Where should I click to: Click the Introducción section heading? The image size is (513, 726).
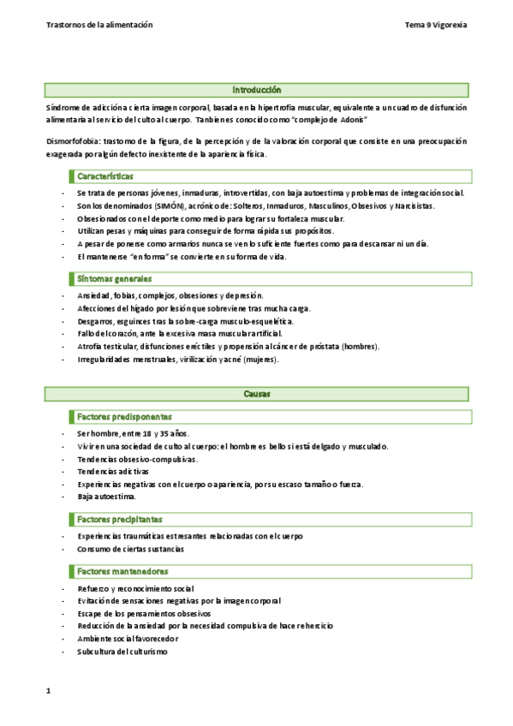point(256,90)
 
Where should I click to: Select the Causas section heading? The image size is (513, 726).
point(256,394)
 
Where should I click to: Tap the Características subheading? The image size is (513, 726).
point(104,176)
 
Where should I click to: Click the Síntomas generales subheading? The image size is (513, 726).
point(114,278)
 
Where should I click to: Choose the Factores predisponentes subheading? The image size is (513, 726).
point(123,416)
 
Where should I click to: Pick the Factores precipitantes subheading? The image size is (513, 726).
point(120,519)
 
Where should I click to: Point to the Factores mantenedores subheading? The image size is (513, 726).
point(122,571)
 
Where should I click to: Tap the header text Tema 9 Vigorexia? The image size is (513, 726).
point(436,25)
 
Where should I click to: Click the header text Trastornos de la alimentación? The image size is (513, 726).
point(99,25)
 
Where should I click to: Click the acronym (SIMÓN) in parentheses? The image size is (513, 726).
point(172,206)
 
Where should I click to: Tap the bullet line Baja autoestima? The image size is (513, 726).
point(106,497)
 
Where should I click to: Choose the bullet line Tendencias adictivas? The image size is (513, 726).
point(112,471)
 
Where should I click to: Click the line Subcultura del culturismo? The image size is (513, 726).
point(122,652)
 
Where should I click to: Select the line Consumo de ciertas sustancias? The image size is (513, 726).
point(130,548)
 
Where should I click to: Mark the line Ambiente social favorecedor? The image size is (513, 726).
point(128,639)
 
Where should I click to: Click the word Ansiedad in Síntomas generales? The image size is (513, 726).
point(94,295)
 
